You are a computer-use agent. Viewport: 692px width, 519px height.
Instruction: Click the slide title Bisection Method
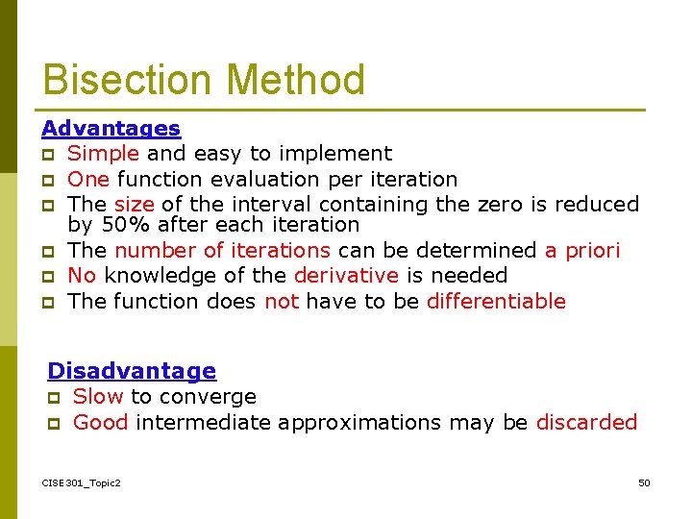(x=204, y=80)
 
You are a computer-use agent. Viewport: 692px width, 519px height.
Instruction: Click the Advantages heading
(x=111, y=128)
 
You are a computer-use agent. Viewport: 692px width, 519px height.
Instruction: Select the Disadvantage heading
(x=132, y=370)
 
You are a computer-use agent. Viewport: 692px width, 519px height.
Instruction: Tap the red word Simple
(x=103, y=154)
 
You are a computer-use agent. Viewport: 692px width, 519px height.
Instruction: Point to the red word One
(x=88, y=180)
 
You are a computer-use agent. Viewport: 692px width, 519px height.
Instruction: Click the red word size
(x=134, y=205)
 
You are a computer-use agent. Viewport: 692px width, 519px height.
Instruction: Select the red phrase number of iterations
(x=222, y=251)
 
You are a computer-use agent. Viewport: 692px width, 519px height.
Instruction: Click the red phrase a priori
(x=582, y=251)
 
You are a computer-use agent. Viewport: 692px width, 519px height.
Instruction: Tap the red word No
(x=82, y=276)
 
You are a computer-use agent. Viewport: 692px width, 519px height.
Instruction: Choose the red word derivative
(x=345, y=276)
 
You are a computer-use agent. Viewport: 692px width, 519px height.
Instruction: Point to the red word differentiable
(x=496, y=302)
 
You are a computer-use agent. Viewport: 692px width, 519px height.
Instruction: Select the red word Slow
(x=98, y=397)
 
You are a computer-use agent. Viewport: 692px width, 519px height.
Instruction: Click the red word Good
(x=100, y=423)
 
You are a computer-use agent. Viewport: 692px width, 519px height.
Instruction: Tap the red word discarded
(x=586, y=423)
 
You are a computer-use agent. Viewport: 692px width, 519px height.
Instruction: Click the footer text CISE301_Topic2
(x=82, y=482)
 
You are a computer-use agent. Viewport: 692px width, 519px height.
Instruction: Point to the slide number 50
(x=644, y=482)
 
